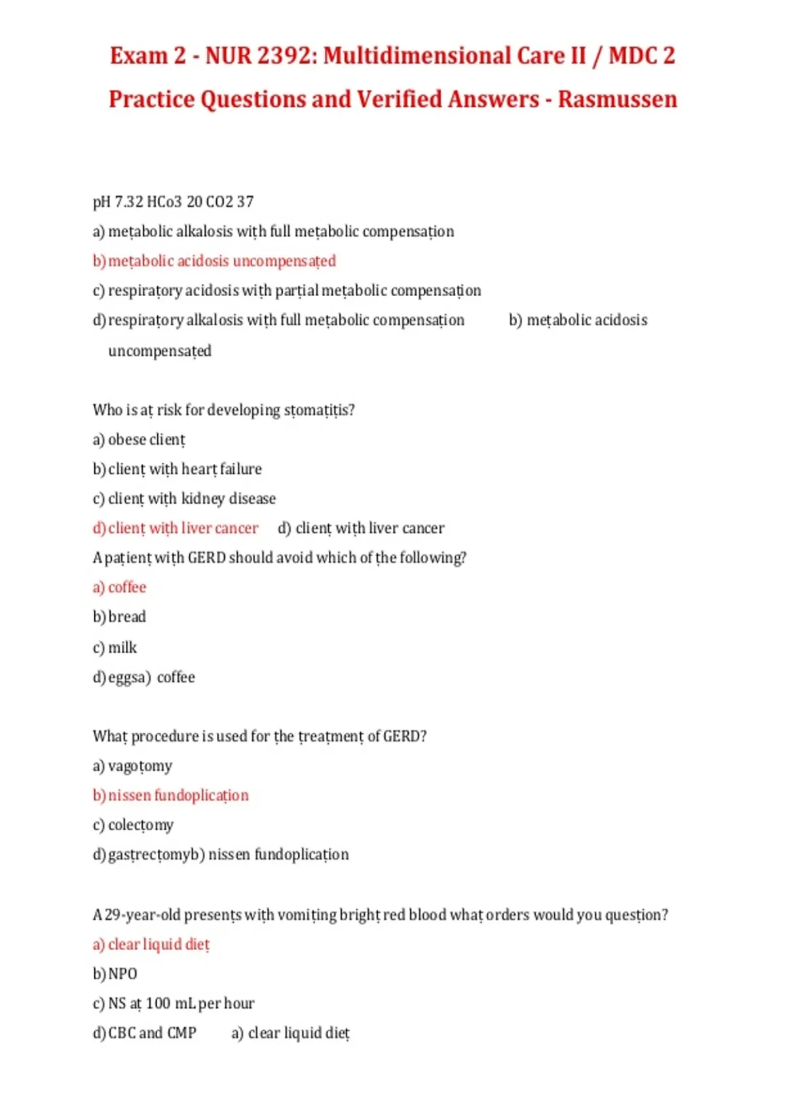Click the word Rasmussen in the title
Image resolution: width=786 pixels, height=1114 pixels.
click(617, 100)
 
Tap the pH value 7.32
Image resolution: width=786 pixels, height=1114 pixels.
click(129, 202)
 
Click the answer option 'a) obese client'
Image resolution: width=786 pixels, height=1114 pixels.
click(139, 440)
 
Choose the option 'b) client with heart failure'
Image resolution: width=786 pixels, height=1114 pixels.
click(177, 469)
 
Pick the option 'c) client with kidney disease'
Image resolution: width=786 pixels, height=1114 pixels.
click(184, 499)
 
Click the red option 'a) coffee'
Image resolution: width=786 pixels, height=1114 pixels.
click(119, 587)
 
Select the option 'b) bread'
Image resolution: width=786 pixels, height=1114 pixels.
click(119, 617)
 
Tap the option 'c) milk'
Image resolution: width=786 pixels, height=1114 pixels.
click(115, 647)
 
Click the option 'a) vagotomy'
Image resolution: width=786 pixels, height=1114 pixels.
click(132, 766)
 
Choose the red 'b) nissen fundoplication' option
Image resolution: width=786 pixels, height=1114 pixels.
click(170, 796)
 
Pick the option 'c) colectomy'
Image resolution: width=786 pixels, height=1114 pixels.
click(133, 825)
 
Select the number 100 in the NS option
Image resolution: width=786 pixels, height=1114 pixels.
click(158, 1003)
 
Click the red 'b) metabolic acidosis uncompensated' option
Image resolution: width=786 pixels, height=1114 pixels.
click(214, 261)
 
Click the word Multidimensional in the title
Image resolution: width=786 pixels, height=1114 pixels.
click(415, 56)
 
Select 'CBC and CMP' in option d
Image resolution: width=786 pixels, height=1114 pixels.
click(152, 1033)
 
